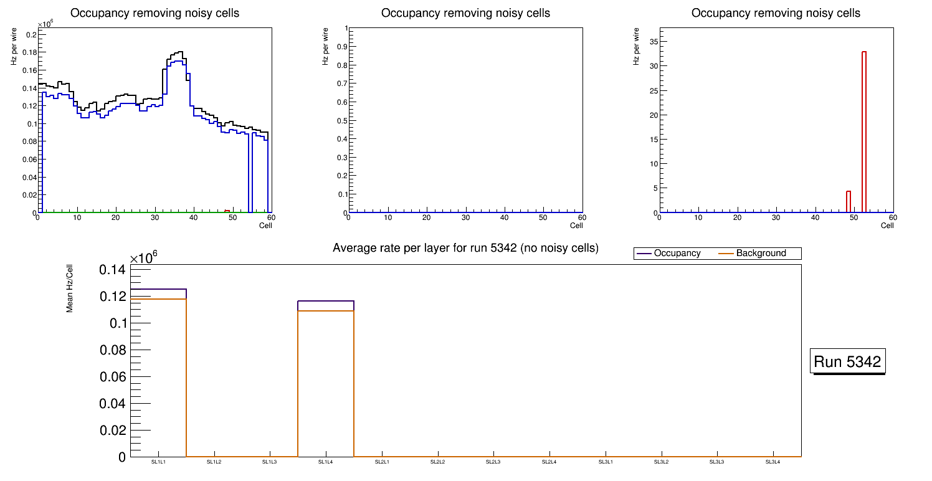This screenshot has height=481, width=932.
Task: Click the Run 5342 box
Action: click(847, 362)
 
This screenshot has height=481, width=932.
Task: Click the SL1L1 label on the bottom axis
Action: click(158, 462)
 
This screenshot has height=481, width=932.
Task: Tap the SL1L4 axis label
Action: click(325, 462)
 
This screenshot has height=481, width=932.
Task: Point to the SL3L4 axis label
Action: click(773, 462)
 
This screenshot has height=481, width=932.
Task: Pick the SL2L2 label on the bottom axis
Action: click(438, 462)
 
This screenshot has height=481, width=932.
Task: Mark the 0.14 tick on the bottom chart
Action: click(112, 270)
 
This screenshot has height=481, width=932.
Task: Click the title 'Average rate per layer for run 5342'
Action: click(465, 248)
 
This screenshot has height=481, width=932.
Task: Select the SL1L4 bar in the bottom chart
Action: click(325, 380)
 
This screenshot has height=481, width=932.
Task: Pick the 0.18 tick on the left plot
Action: click(30, 53)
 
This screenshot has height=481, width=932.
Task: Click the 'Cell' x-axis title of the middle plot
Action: click(576, 225)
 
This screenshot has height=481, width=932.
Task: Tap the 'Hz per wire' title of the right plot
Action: click(636, 47)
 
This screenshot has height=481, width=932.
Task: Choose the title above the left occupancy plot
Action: click(155, 13)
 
